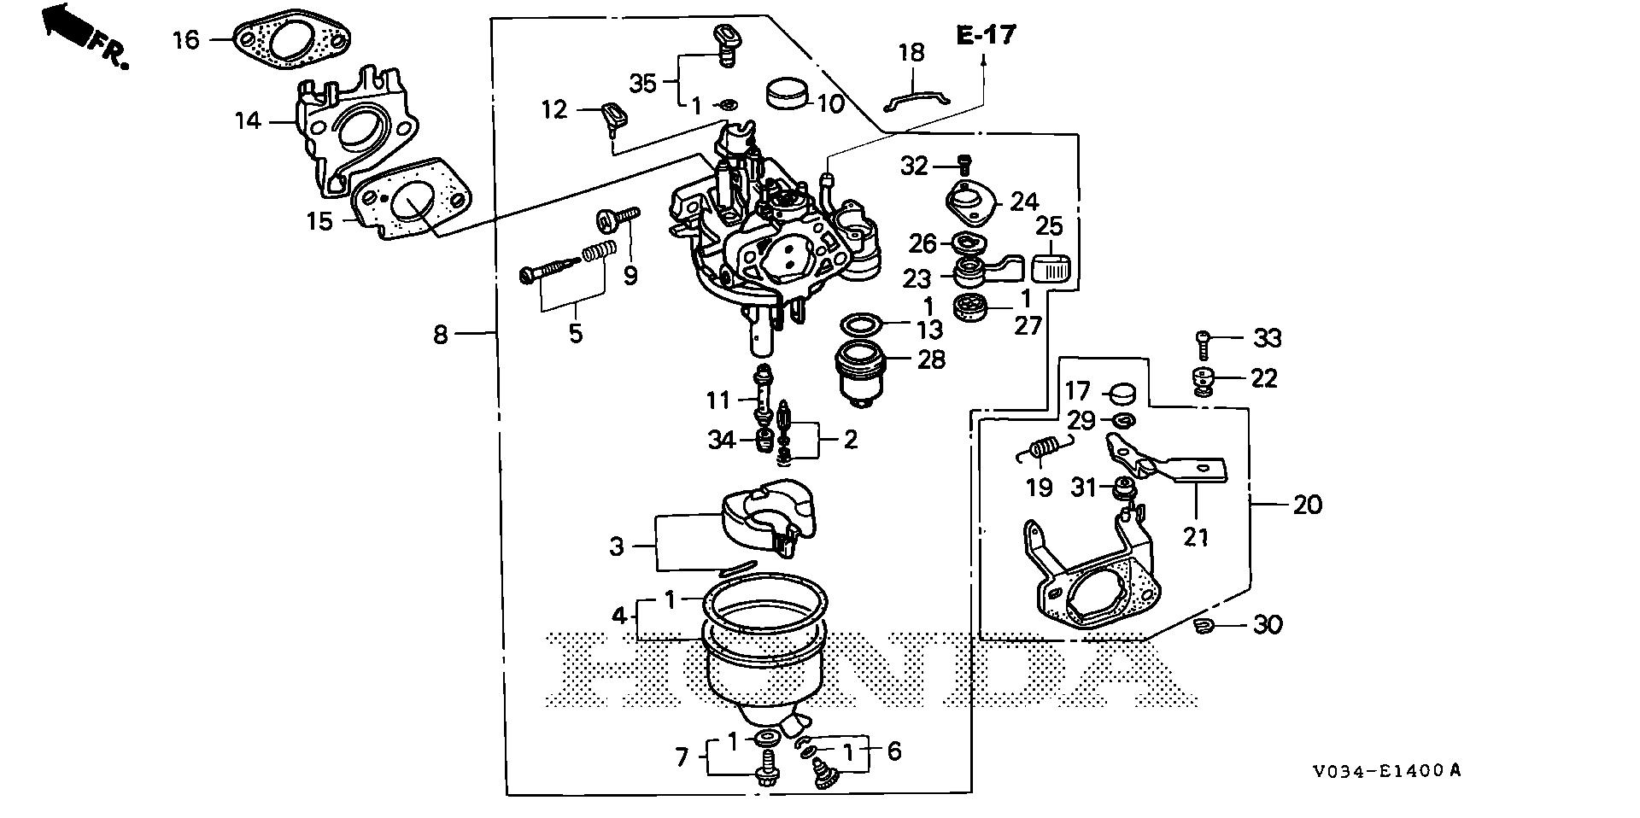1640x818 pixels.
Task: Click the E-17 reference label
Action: tap(986, 35)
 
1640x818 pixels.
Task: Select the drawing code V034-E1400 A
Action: tap(1387, 771)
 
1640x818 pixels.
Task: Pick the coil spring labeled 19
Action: tap(1041, 450)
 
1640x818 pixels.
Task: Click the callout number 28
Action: tap(930, 359)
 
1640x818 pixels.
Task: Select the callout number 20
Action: tap(1307, 505)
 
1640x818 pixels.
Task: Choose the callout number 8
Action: tap(440, 333)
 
